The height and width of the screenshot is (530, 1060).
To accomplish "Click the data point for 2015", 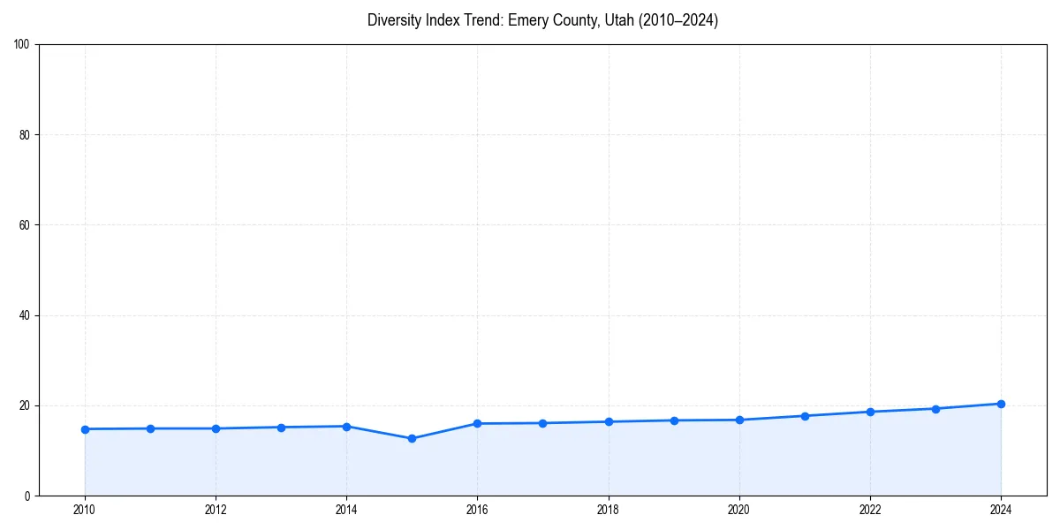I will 412,438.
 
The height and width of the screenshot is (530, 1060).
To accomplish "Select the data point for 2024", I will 1001,404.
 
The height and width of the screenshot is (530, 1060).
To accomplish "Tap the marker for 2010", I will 85,429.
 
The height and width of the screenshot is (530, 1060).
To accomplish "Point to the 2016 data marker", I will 477,423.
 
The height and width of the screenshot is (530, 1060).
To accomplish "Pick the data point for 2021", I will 805,416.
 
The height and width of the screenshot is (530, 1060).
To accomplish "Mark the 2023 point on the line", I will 935,409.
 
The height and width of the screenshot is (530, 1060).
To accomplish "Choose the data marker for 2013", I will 281,428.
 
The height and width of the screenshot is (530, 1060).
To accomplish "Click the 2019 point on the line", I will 674,420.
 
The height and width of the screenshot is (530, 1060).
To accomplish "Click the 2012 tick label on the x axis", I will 216,510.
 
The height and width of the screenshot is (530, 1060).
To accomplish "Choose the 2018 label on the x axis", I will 609,510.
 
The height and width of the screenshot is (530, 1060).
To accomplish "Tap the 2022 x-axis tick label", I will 870,510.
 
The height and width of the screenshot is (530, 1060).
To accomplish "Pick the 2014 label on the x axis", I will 346,510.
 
